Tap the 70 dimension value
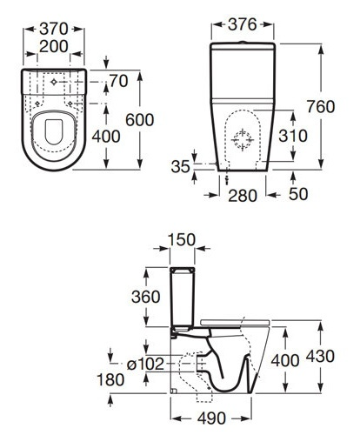(119, 81)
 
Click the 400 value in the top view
(122, 137)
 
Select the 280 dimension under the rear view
(242, 195)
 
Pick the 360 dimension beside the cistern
(146, 297)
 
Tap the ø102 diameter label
(146, 363)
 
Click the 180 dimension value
(110, 379)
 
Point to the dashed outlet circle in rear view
(244, 138)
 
